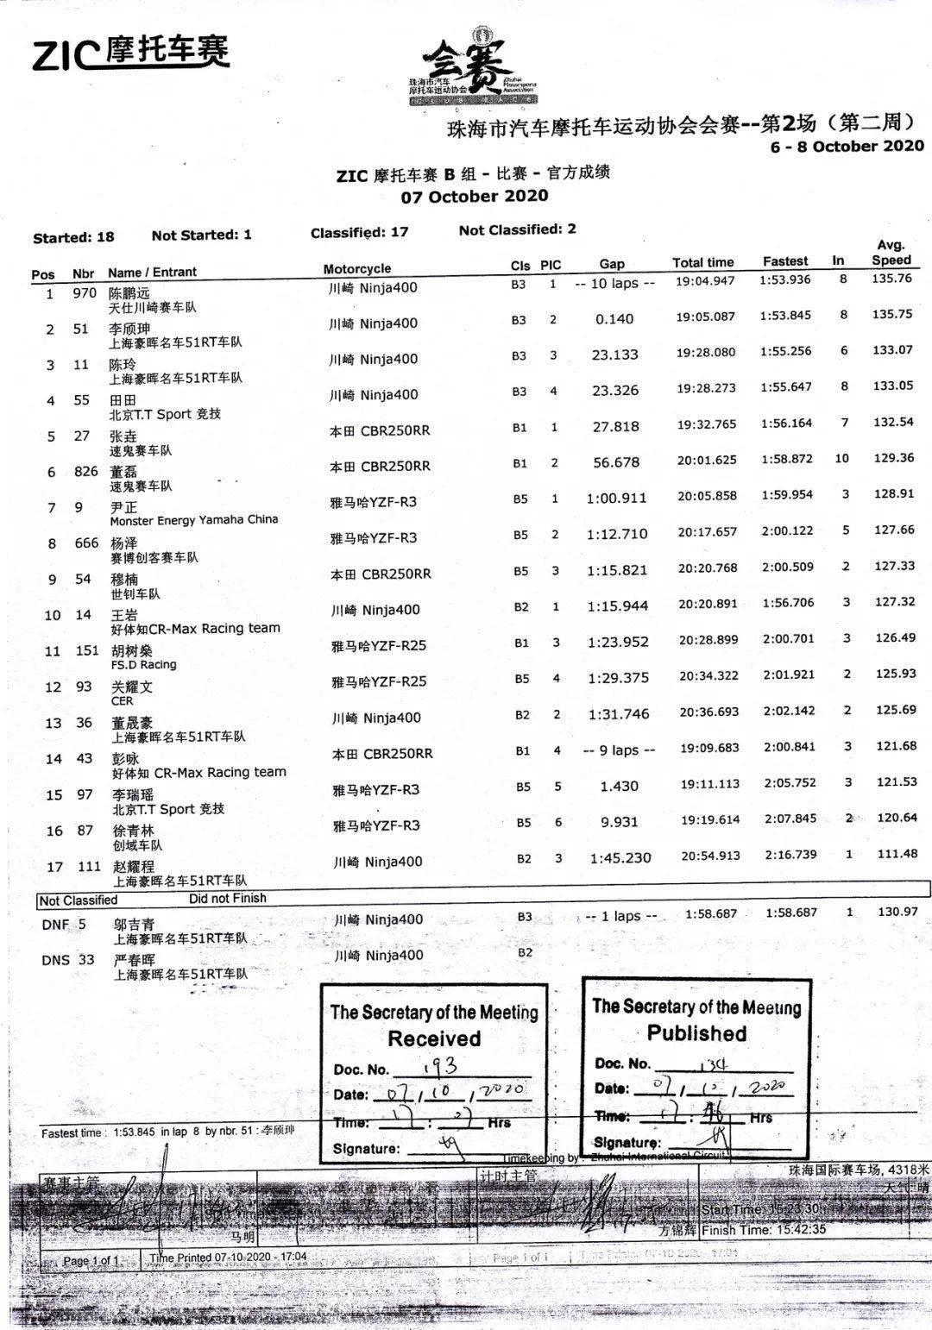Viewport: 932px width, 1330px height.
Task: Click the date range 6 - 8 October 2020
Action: pos(847,147)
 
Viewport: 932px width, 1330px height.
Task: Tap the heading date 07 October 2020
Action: pos(474,196)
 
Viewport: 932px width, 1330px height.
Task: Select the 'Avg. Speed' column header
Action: pos(891,253)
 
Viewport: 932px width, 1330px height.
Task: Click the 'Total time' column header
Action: pos(702,262)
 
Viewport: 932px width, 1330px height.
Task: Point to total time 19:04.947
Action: pos(705,281)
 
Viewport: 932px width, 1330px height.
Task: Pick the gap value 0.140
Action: pos(614,319)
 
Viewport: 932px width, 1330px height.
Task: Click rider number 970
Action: pos(85,293)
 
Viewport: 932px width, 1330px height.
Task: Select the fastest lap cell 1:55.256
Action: pos(785,351)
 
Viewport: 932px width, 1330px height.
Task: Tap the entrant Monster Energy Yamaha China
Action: pos(193,520)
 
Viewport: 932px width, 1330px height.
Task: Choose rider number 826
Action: pos(85,472)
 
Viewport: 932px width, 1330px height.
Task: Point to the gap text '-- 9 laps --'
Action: pos(619,750)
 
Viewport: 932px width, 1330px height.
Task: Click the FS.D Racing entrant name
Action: pos(143,665)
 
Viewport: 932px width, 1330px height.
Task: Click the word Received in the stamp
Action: pos(433,1039)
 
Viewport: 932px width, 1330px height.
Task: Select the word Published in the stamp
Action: pos(696,1033)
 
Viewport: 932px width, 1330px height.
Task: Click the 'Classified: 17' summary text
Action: pos(359,232)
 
